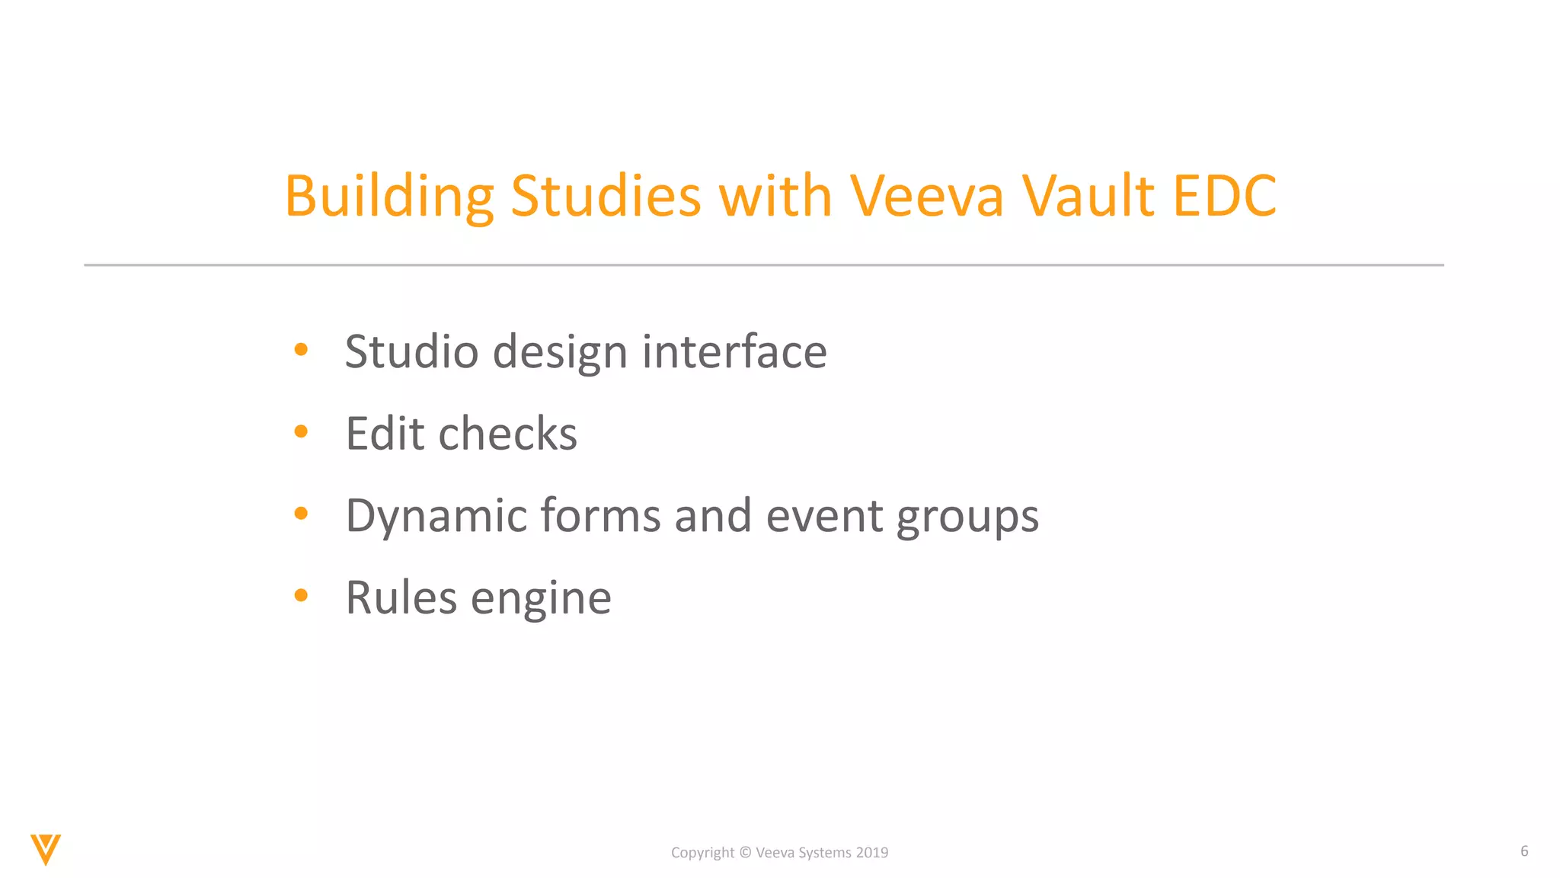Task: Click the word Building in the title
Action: (x=389, y=197)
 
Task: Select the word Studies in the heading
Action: (x=605, y=197)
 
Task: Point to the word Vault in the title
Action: (x=1089, y=197)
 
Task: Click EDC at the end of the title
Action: (x=1224, y=197)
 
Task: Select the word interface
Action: (x=734, y=352)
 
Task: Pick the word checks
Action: (x=508, y=434)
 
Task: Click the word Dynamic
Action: (x=436, y=516)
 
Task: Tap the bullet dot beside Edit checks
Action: (x=301, y=432)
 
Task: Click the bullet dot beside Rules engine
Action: (x=301, y=595)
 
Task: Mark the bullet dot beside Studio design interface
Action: (x=301, y=350)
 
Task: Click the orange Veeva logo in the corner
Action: (x=46, y=849)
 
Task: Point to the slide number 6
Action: (x=1524, y=851)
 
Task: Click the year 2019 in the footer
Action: (x=871, y=853)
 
